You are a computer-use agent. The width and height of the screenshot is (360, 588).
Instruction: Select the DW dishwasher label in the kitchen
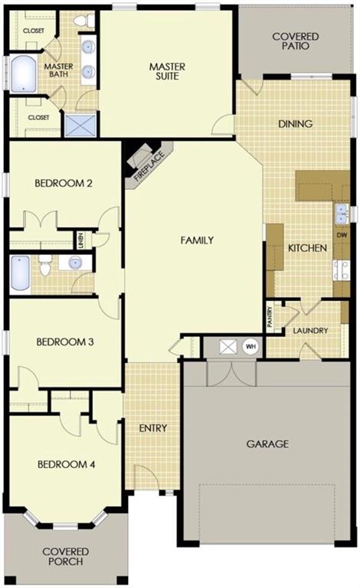coord(342,235)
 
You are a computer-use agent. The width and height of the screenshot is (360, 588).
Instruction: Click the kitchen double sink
coord(341,214)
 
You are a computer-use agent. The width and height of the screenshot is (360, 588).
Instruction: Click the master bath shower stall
coord(80,125)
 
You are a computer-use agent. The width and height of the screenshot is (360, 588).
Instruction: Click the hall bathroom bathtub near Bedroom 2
coord(20,273)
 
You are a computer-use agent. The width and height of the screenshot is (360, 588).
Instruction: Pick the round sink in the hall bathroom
coord(76,263)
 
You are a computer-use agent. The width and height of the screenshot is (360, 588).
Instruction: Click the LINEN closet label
coord(79,240)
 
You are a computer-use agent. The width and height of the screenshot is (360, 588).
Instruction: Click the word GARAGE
coord(267,443)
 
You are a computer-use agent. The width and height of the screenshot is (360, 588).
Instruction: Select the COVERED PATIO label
coord(295,40)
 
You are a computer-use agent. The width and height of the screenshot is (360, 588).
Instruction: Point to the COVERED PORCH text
coord(65,557)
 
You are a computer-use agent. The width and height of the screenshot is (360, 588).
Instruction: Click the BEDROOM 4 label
coord(65,464)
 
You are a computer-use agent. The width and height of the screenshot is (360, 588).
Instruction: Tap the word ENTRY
coord(153,427)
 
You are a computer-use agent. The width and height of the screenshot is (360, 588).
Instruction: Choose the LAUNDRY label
coord(310,331)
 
